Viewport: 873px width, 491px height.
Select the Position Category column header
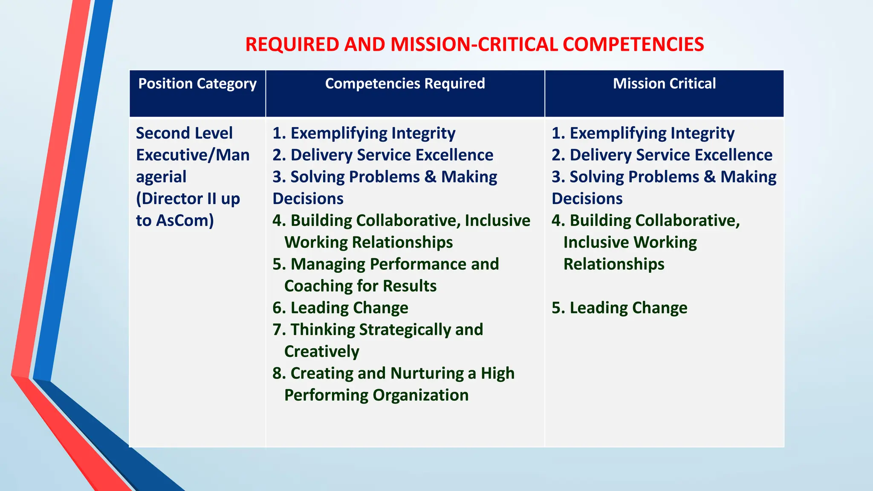[x=197, y=84]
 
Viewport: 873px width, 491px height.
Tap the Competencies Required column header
[x=405, y=84]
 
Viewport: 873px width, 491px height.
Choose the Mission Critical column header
[x=664, y=84]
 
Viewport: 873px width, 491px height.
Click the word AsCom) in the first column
[x=185, y=220]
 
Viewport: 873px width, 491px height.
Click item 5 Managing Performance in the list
[x=385, y=264]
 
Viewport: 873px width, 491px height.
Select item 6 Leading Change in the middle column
[x=340, y=308]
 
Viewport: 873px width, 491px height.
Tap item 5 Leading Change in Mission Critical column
[x=619, y=308]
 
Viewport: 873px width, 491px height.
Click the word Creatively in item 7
[x=322, y=352]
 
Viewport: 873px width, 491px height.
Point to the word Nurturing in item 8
[x=427, y=373]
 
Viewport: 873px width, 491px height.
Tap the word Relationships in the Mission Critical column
[x=614, y=264]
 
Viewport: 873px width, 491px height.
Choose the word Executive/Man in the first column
[x=193, y=155]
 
